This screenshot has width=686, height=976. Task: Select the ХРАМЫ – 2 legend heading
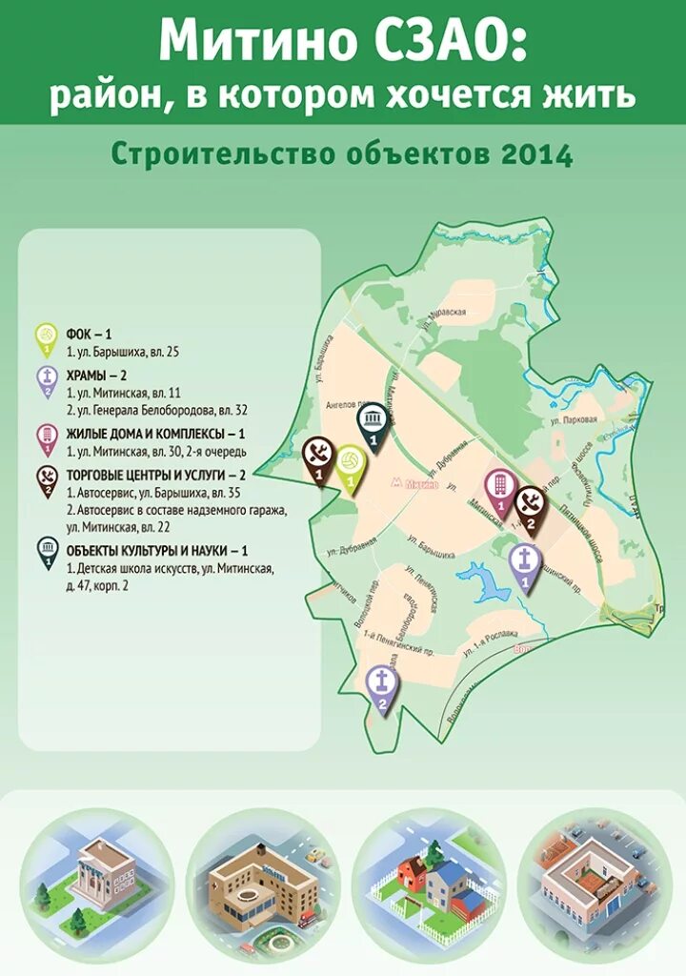tap(97, 376)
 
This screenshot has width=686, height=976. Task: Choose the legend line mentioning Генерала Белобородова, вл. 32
tap(157, 410)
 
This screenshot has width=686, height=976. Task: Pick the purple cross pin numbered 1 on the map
tap(523, 567)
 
